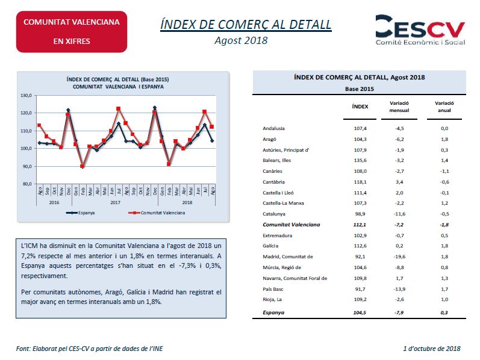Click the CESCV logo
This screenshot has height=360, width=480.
(420, 30)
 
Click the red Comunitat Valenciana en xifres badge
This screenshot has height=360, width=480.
(72, 32)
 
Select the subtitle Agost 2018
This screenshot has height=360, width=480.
(241, 40)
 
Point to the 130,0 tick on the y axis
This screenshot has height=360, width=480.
(26, 96)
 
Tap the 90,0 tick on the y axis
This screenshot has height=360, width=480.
(26, 166)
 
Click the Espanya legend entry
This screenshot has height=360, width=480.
(81, 213)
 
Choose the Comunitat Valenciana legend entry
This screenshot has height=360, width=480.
(157, 213)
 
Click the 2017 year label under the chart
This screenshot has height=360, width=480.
(116, 202)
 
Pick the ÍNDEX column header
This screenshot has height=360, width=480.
(360, 107)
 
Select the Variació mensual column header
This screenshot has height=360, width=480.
(399, 107)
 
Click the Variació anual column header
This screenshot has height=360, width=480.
(444, 107)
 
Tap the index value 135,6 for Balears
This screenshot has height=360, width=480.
(360, 160)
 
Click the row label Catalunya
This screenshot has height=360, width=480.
(274, 214)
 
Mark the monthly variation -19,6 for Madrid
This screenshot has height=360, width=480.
(399, 256)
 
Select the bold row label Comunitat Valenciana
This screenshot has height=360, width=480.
(291, 225)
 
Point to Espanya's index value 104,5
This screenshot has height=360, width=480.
(360, 312)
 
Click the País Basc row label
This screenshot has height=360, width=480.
(273, 289)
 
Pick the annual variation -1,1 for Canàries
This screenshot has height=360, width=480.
(444, 171)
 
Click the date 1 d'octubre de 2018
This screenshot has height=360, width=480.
(432, 349)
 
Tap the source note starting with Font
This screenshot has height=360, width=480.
(89, 349)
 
